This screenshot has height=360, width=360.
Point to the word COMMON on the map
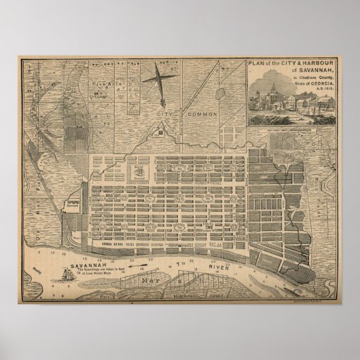(x=202, y=114)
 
